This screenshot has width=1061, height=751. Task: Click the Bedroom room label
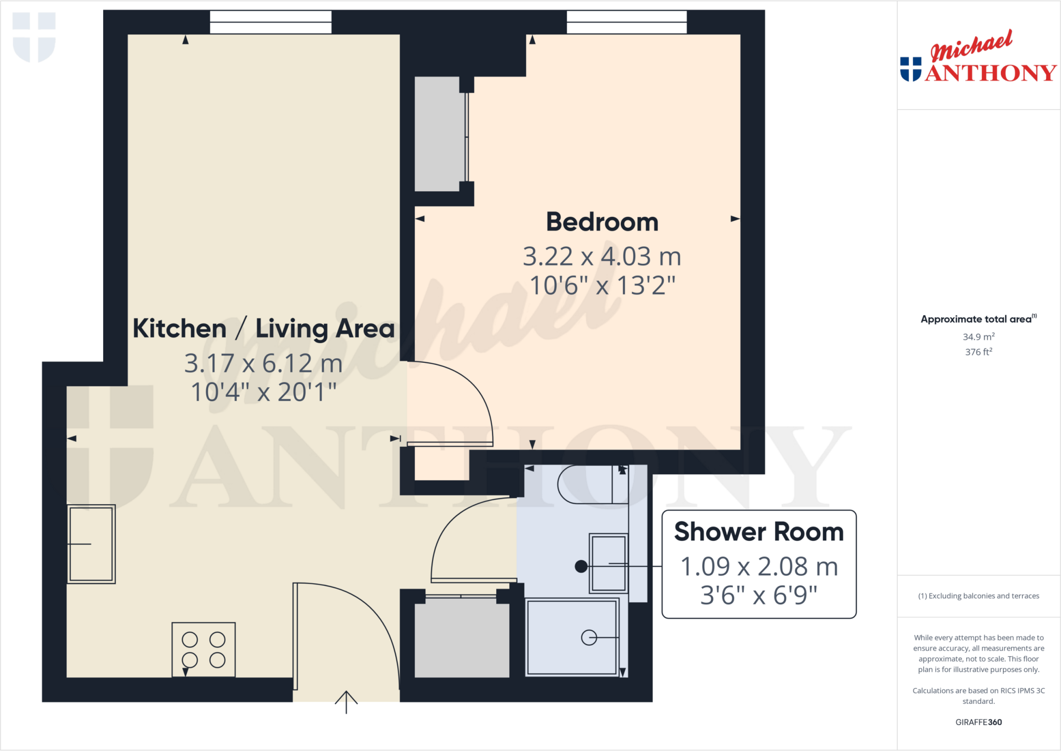(602, 222)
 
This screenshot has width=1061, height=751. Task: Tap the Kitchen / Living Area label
(264, 329)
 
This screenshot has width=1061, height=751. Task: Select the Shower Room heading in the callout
(759, 532)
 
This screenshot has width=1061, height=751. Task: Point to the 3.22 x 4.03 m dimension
(602, 257)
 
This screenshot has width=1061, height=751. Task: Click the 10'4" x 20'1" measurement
(264, 392)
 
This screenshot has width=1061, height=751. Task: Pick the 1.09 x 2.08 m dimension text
(759, 566)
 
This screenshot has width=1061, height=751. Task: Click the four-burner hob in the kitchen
(204, 649)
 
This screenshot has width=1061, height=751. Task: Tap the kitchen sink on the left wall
(91, 544)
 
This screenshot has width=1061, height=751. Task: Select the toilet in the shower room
(591, 485)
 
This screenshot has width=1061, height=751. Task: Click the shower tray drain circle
(589, 637)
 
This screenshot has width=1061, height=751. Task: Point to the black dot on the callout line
(581, 566)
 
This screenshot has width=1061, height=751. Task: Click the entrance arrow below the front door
(346, 702)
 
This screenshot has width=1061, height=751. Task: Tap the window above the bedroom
(626, 22)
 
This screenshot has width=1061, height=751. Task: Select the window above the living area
(270, 22)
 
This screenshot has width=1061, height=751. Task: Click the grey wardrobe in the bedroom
(438, 134)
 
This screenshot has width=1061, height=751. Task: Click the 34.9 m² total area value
(979, 337)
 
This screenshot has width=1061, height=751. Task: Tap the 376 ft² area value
(979, 352)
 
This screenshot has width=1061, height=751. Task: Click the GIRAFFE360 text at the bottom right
(979, 722)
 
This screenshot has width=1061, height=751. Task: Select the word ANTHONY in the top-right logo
(991, 73)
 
